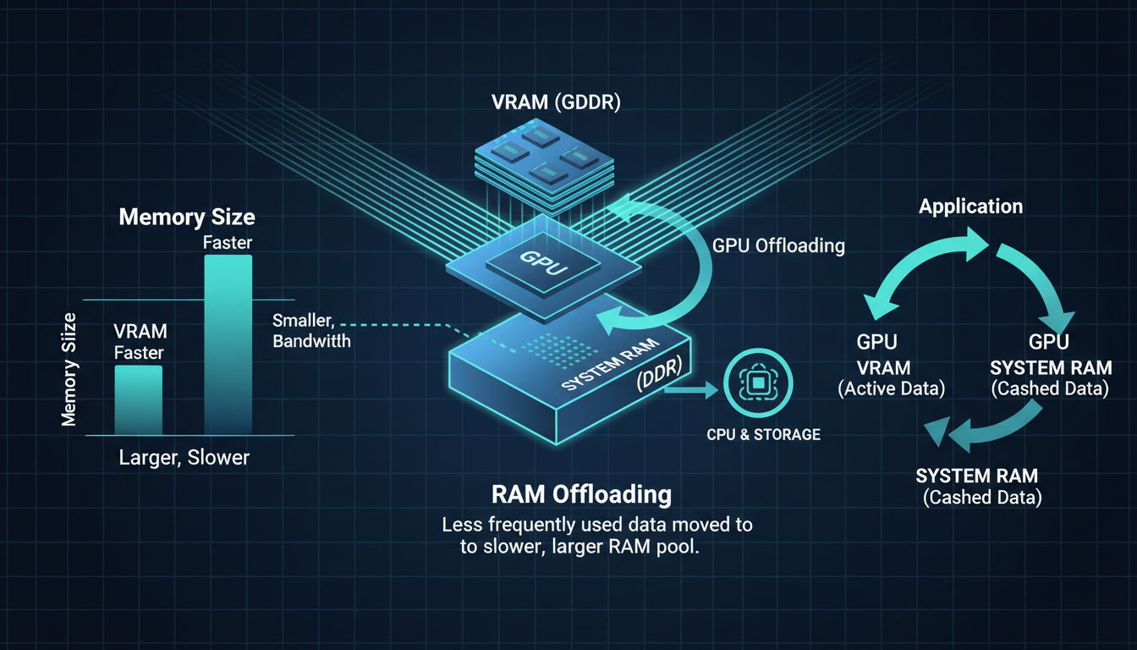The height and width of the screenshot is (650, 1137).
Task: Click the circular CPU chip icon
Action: point(758,383)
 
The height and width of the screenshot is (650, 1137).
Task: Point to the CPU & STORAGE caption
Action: point(763,434)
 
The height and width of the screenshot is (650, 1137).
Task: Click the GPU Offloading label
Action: point(778,245)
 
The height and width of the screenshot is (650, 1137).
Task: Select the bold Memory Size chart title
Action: point(186,217)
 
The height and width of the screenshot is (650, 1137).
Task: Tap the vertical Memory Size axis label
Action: point(69,369)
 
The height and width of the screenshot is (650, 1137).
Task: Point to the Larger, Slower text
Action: point(184,458)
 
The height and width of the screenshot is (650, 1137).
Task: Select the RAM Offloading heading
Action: point(581,494)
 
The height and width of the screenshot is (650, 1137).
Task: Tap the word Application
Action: point(970,207)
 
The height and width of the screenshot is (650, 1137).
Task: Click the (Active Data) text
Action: point(890,389)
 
